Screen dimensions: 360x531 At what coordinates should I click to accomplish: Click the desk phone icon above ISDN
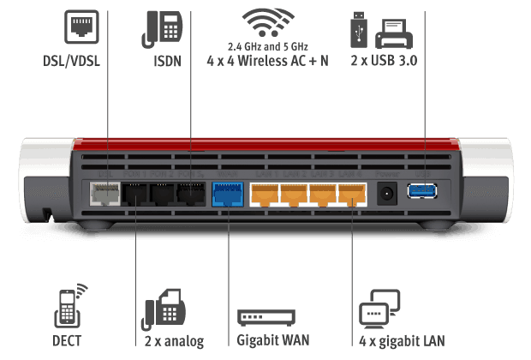coord(163,27)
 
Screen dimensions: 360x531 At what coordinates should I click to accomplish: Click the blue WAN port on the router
coord(227,194)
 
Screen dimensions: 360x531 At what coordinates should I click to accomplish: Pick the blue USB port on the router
coord(422,190)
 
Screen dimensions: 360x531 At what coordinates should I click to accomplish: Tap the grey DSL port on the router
coord(104,194)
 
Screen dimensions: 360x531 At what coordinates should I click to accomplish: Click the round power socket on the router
coord(387,192)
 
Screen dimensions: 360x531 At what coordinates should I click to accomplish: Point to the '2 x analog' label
coord(175,341)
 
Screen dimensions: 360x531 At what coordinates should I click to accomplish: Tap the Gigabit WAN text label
coord(271,341)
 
